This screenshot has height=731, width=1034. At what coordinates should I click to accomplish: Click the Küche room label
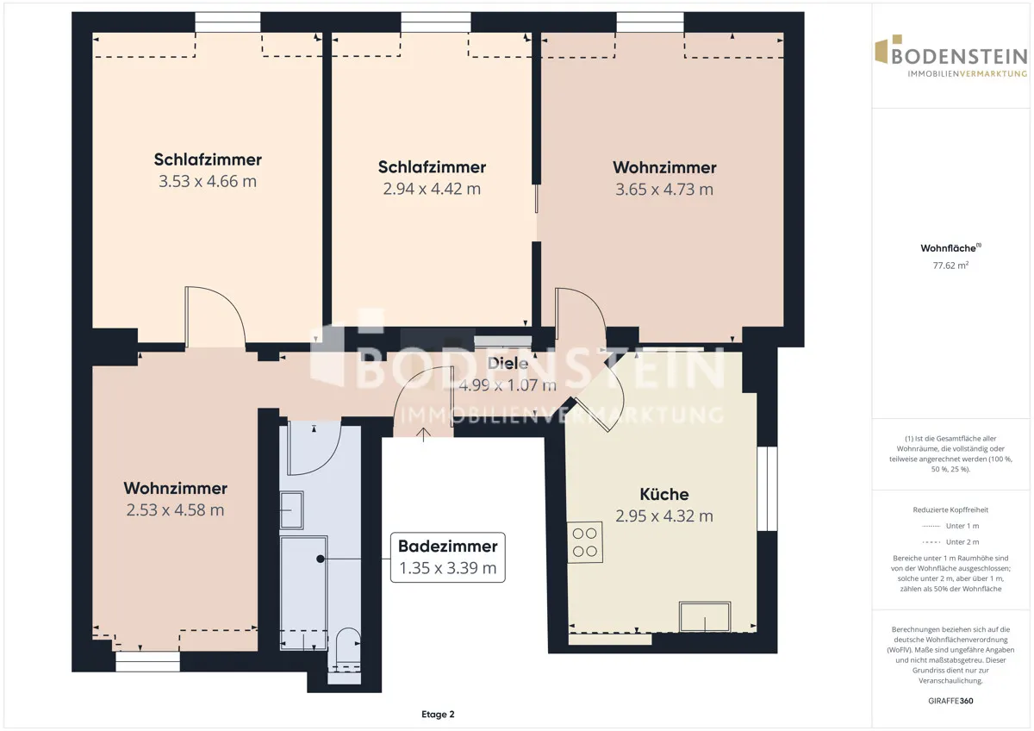[664, 494]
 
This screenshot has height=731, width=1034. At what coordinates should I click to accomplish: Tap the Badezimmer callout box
[448, 558]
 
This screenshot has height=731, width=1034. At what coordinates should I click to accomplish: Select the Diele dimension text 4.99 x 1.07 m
[508, 385]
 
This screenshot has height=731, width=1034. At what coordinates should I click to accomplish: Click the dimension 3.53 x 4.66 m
[208, 181]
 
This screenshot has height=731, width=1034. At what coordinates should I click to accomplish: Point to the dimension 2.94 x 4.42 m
[432, 189]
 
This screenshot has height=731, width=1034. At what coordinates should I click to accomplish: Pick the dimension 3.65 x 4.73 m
[664, 190]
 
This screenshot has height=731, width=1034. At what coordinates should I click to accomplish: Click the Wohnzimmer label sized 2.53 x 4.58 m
[176, 488]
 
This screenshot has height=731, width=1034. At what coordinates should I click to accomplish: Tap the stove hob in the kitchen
[585, 542]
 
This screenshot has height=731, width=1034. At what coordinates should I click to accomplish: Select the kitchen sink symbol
[705, 616]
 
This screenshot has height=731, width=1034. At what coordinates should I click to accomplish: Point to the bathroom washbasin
[292, 509]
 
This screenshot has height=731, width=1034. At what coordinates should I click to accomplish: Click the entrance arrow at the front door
[424, 434]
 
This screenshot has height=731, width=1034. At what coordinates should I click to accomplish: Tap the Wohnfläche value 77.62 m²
[950, 266]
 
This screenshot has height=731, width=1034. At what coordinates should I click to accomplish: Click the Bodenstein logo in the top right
[951, 56]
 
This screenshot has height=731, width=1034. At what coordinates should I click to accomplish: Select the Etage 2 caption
[438, 715]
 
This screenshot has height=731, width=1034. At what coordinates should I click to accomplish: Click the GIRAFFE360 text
[950, 701]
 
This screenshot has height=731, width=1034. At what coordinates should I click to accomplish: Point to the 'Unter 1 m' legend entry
[950, 526]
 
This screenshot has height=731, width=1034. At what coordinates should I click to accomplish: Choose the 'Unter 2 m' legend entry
[950, 541]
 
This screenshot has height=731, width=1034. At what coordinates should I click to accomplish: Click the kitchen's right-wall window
[767, 489]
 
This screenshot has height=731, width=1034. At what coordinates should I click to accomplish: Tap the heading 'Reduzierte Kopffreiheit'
[950, 509]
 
